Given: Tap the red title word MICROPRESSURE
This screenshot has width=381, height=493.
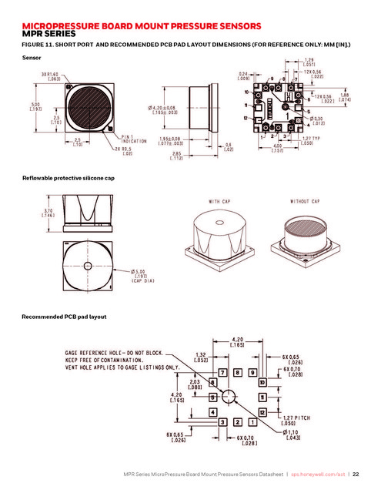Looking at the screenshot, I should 66,26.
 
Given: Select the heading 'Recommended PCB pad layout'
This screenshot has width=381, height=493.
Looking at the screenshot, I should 63,317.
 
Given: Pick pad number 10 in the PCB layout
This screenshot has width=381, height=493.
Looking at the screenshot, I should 262,382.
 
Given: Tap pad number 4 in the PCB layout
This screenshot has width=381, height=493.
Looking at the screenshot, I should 212,412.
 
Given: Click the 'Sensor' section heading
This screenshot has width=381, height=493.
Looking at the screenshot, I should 32,58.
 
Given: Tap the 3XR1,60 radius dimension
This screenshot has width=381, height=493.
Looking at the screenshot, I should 52,75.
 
